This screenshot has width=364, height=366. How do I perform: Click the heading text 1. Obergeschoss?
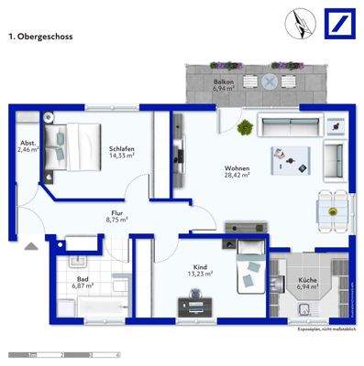(x=39, y=38)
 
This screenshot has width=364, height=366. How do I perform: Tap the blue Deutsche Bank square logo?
(x=338, y=21)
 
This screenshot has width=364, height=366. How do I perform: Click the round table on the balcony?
(x=270, y=81)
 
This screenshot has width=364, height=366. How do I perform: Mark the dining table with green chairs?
(x=332, y=212)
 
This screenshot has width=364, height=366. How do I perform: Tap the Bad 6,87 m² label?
(x=83, y=284)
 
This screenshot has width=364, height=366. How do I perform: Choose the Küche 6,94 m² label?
(x=307, y=284)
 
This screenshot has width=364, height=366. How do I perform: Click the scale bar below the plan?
(x=64, y=353)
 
